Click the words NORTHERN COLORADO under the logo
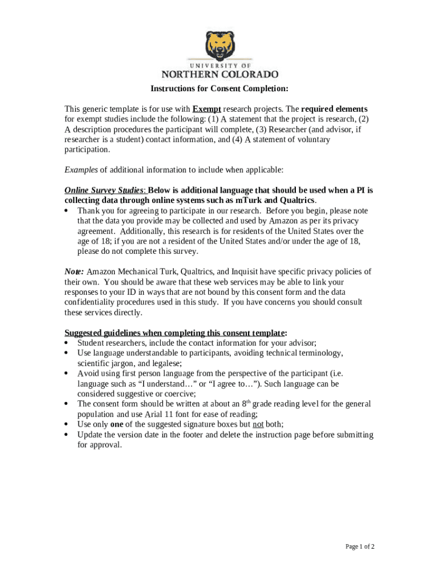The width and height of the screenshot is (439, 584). pos(219,75)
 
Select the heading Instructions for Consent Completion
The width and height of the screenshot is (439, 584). pos(219,89)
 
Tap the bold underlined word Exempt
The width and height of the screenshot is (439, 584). pos(206,109)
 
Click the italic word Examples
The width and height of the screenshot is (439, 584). pos(81,170)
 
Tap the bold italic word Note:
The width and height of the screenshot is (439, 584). pos(74,272)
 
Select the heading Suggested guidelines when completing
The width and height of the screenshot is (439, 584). pos(175,333)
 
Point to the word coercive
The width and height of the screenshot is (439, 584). pos(176,394)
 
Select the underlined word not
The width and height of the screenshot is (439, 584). pos(258,424)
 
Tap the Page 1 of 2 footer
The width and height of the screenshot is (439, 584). pos(360,547)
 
